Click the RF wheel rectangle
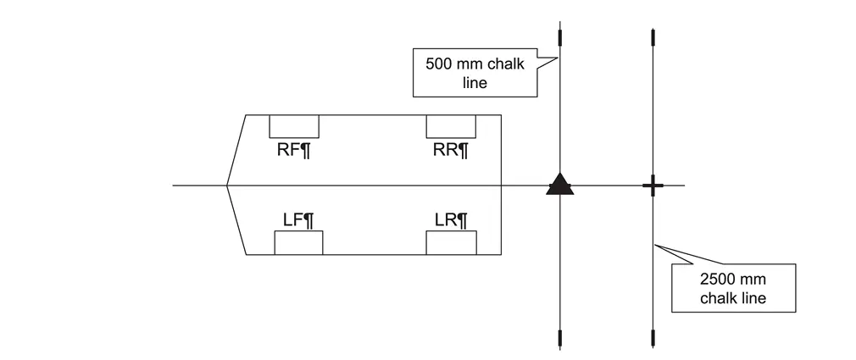point(294,126)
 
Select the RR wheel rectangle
point(450,126)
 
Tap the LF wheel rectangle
point(298,242)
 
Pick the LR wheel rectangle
point(451,242)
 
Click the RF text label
point(294,151)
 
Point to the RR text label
point(451,151)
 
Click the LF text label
point(298,220)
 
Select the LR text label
point(451,220)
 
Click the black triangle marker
point(559,184)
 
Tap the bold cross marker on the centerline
point(652,186)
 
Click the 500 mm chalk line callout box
point(475,73)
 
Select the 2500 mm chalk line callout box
point(733,288)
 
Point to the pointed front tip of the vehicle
point(227,185)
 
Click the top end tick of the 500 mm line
point(559,37)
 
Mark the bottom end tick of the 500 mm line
point(559,339)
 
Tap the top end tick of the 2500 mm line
point(652,37)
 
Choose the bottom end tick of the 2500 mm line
point(652,339)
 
